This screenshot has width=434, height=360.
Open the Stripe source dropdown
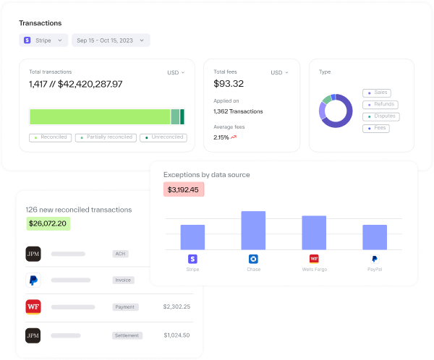pos(44,40)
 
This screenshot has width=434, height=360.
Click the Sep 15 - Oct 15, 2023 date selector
pos(110,40)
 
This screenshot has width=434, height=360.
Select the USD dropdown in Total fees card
pos(279,72)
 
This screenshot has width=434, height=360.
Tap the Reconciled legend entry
pos(50,137)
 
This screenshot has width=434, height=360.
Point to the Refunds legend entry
pos(380,104)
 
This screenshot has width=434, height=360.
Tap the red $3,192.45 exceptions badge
pos(184,189)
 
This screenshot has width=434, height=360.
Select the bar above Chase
pos(253,231)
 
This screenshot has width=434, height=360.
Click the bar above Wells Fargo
pos(314,233)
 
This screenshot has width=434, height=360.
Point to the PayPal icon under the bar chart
pos(375,259)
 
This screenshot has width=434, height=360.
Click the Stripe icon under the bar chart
pos(192,259)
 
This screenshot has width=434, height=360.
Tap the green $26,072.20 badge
pos(48,223)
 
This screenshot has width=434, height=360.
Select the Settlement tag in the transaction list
pos(127,335)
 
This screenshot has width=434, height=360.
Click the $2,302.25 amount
pos(176,307)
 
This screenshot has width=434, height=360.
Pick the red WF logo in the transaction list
pos(33,307)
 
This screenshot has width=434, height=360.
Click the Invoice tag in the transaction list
pos(123,280)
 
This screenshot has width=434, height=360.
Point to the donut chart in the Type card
pos(336,111)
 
